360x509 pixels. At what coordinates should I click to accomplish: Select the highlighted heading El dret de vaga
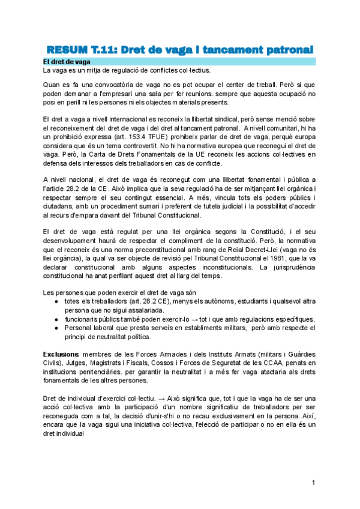[67, 62]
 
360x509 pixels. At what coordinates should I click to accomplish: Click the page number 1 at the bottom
[313, 483]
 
